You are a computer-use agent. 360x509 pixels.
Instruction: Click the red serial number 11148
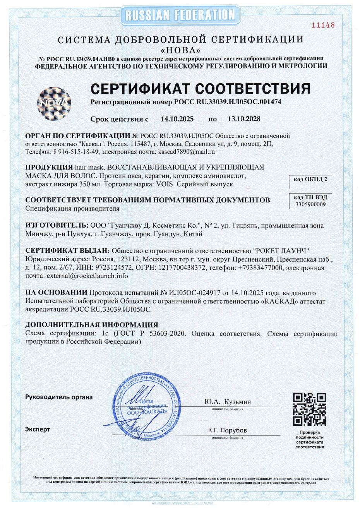click(323, 25)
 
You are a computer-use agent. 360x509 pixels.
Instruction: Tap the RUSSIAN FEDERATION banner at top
click(180, 15)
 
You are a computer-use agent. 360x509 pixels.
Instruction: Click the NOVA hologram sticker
click(54, 103)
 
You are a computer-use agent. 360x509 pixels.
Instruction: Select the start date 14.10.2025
click(177, 119)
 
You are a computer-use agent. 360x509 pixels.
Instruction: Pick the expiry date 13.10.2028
click(244, 119)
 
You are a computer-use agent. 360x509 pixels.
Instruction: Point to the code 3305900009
click(310, 204)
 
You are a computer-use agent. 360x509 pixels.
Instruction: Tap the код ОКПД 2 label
click(310, 179)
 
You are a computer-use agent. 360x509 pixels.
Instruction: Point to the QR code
click(309, 409)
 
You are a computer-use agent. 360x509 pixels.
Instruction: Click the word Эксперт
click(38, 429)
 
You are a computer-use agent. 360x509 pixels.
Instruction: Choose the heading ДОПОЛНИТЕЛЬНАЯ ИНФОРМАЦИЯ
click(92, 325)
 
